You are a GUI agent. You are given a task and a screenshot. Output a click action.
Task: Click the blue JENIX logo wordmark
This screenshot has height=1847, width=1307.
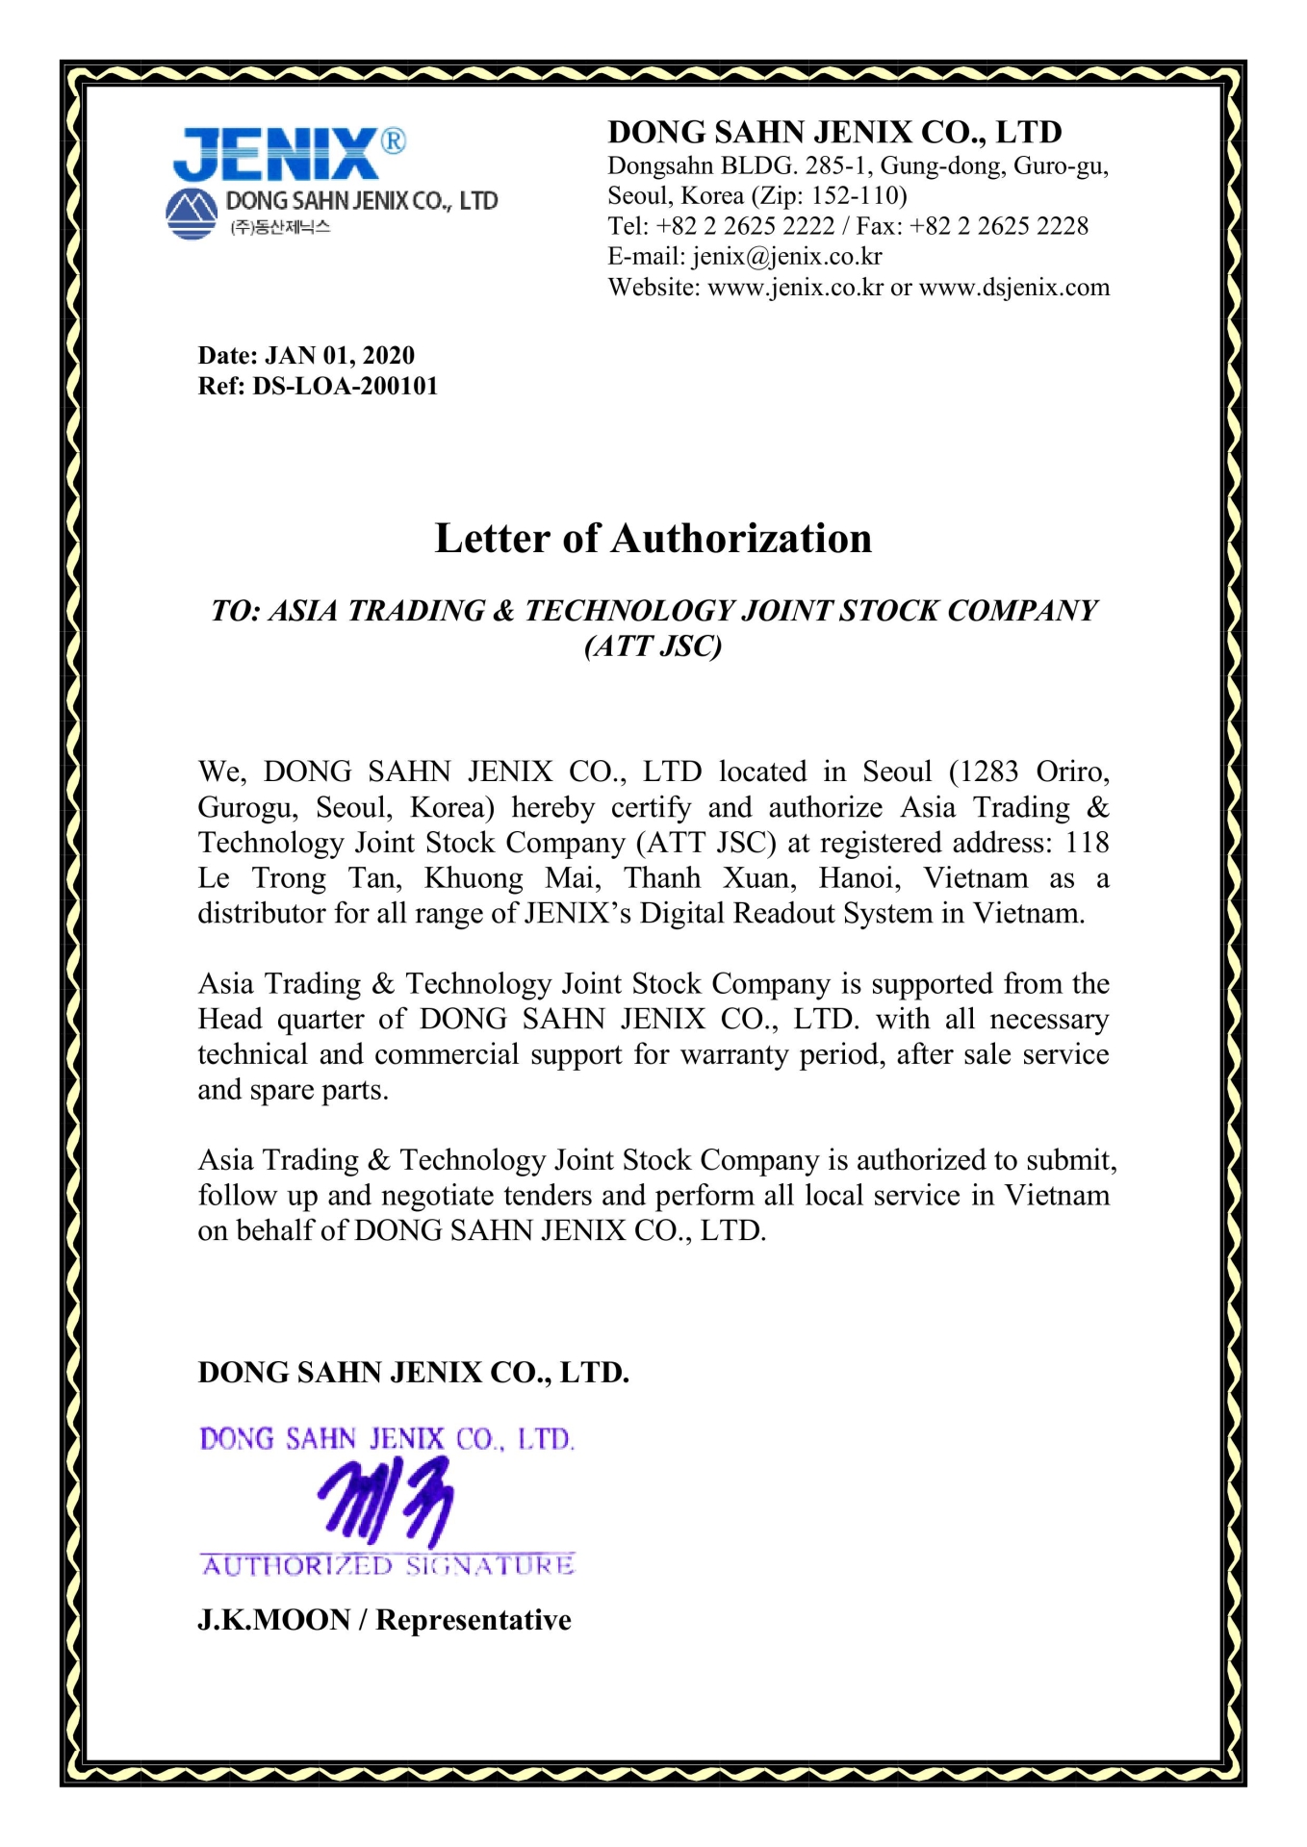point(276,156)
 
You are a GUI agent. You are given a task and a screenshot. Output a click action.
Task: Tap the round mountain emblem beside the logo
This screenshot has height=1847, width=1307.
point(192,214)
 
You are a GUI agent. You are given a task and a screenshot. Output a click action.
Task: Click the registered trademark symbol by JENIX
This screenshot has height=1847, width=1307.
point(393,141)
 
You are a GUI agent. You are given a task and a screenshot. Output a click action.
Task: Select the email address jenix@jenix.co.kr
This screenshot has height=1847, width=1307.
point(786,257)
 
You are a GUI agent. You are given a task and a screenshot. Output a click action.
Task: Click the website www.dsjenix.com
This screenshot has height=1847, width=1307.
point(1014,288)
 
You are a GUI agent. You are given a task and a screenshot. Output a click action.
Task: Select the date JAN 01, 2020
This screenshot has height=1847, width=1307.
point(340,356)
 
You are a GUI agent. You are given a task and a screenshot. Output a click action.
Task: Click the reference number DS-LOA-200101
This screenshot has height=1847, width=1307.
point(345,387)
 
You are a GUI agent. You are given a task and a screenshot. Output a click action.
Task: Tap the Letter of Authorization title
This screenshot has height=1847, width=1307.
point(653,539)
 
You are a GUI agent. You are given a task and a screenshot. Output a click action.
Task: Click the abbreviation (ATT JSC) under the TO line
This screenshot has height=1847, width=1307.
point(653,645)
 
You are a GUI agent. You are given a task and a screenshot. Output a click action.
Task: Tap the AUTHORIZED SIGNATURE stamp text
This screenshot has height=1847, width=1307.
point(388,1566)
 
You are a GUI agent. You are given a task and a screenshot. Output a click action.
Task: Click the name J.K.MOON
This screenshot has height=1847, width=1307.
point(273,1620)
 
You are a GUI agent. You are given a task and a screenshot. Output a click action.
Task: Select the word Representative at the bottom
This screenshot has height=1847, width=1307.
point(474,1620)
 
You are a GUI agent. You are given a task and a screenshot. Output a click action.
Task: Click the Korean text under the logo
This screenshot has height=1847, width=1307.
point(280,228)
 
